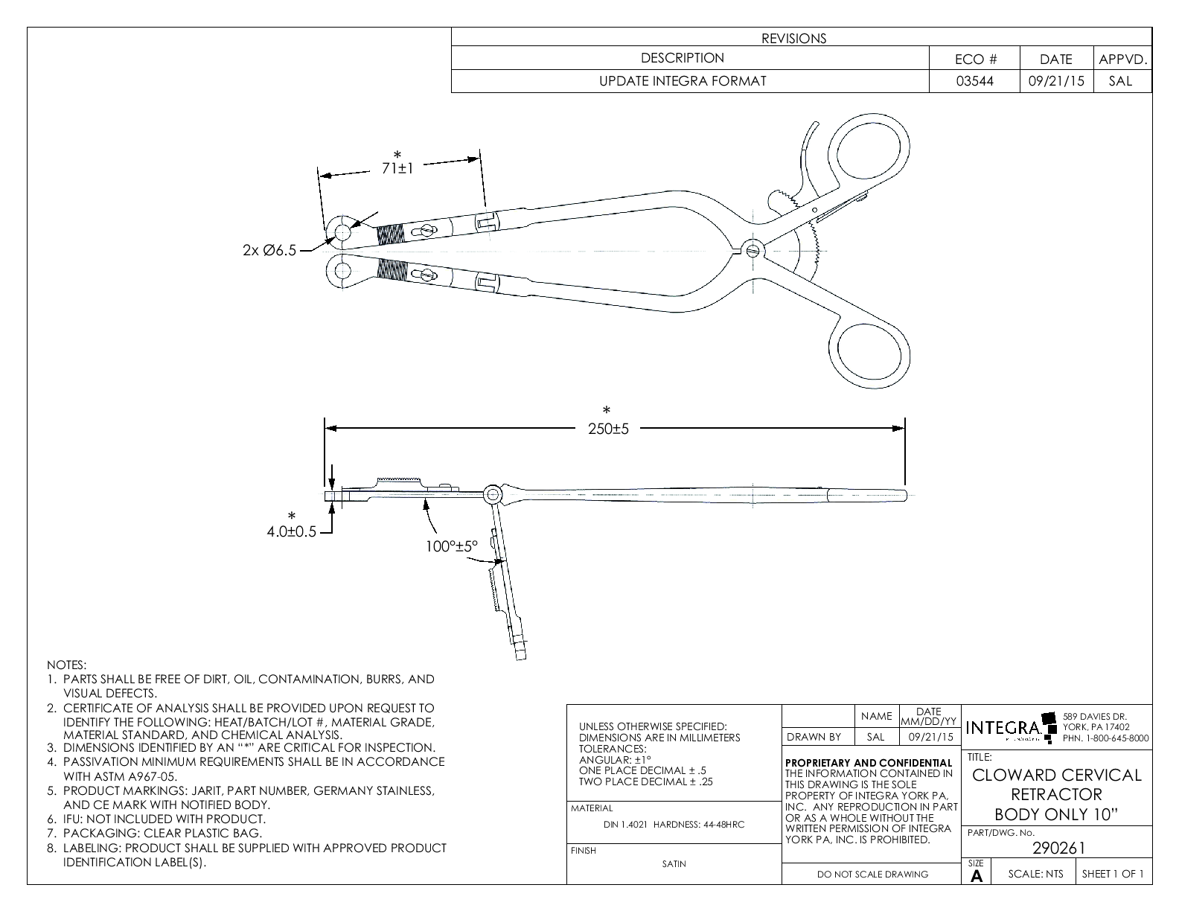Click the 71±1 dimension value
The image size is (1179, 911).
397,168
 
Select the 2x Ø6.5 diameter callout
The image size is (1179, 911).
269,250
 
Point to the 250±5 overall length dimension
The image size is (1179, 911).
610,429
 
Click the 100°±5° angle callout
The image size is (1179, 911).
452,546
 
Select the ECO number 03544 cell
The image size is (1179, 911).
974,81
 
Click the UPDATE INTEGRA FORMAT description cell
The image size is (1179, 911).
683,81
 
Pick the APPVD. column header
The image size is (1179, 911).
1122,60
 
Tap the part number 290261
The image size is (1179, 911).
1059,848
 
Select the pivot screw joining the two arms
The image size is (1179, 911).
751,249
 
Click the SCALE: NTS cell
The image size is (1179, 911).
1035,874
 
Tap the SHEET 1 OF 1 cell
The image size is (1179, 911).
1113,874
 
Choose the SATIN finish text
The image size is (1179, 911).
674,864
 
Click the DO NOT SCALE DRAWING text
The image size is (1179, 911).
872,875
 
